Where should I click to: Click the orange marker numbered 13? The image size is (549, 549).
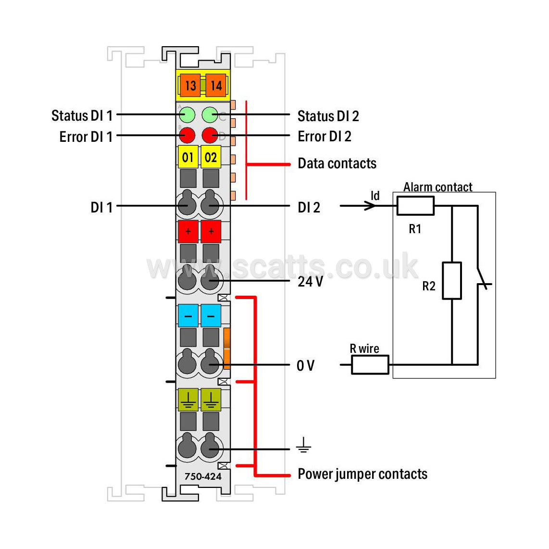190,86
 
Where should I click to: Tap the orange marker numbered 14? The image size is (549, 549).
216,86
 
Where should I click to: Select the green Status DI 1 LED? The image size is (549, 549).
187,115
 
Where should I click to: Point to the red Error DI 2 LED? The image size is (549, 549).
210,135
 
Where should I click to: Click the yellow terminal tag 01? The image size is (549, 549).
188,157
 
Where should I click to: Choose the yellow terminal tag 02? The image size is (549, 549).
211,157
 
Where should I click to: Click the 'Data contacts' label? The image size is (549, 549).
337,163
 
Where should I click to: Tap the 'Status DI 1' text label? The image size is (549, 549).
82,115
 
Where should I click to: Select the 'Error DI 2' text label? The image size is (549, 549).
324,136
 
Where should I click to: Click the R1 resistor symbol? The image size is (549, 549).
415,206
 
